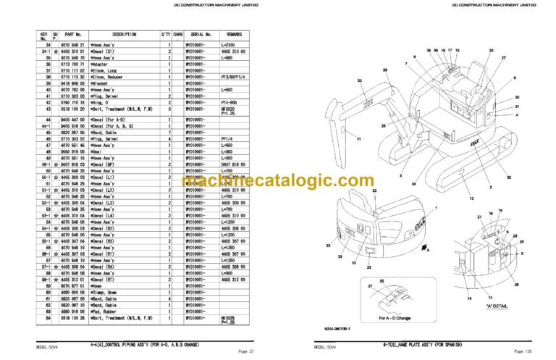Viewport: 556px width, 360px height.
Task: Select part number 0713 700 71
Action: (74, 64)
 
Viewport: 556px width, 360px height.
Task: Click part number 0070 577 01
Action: (74, 285)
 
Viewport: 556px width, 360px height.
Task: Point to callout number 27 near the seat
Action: (502, 58)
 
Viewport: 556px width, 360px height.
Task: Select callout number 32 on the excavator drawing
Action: (509, 177)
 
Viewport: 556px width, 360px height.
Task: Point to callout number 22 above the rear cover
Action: (375, 190)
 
